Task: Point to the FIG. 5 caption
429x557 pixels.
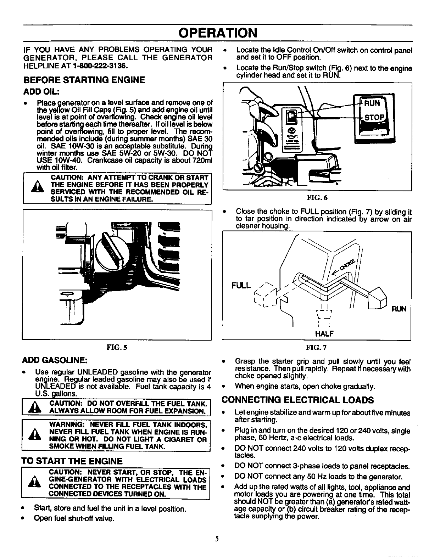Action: point(117,347)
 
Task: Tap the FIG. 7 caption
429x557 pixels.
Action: point(317,347)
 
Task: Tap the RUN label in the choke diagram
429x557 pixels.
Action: point(399,309)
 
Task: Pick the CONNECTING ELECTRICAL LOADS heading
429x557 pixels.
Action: point(297,400)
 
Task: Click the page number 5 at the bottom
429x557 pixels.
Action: point(217,539)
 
